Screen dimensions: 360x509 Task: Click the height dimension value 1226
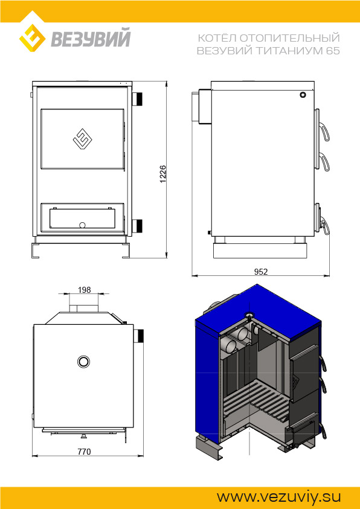coord(163,174)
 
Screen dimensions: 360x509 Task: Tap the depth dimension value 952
coord(261,272)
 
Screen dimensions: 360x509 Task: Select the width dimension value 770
coord(84,452)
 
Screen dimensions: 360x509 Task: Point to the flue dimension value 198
coord(85,290)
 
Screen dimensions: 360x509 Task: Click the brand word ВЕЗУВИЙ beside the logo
coord(91,37)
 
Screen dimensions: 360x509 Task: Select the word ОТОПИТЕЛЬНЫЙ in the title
coord(290,38)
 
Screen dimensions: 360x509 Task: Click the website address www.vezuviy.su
coord(278,497)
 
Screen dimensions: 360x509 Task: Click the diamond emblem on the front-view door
coord(83,139)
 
